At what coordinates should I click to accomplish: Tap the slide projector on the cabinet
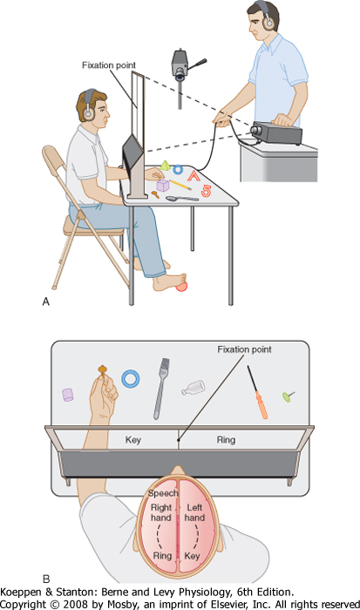(x=276, y=132)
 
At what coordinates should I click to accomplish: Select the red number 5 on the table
(x=206, y=191)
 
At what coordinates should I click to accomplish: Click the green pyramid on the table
(x=166, y=165)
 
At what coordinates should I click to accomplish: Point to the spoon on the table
(x=182, y=199)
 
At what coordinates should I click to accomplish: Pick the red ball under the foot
(x=181, y=287)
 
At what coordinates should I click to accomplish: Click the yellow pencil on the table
(x=180, y=185)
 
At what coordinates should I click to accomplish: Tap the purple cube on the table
(x=163, y=185)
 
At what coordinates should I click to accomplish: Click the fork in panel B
(x=161, y=389)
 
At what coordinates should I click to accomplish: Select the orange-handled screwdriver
(x=257, y=392)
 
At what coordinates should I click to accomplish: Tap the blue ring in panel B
(x=131, y=378)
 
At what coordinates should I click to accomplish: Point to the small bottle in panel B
(x=194, y=389)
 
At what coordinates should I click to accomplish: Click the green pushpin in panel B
(x=288, y=396)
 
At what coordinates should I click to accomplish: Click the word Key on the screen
(x=132, y=439)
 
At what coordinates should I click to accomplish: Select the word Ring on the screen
(x=226, y=439)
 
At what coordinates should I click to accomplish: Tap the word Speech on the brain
(x=163, y=493)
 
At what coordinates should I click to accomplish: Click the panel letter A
(x=46, y=302)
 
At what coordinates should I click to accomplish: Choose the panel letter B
(x=46, y=579)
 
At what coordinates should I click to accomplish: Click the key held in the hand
(x=102, y=370)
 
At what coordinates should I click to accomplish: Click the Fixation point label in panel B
(x=244, y=349)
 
